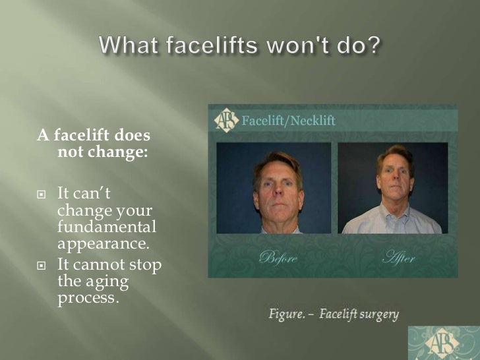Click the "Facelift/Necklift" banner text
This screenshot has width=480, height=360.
[x=288, y=121]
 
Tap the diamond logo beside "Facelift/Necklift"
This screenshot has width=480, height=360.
[x=225, y=120]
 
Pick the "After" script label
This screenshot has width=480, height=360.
[x=398, y=257]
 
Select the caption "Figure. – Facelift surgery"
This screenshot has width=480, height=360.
[x=333, y=314]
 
